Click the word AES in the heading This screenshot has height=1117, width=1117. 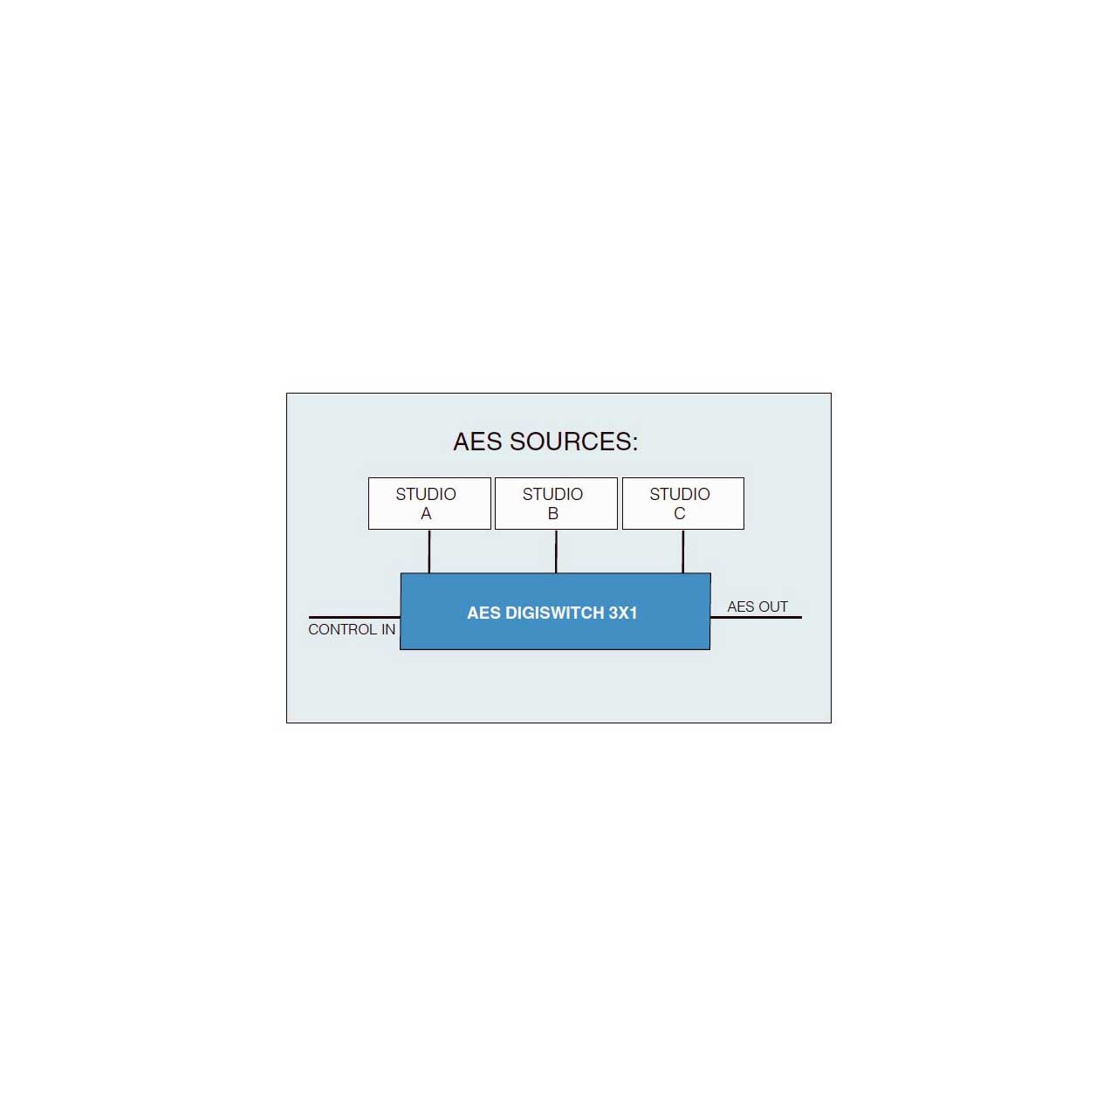click(x=477, y=442)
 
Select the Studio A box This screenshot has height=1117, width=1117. click(x=429, y=504)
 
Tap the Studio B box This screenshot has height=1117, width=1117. click(x=556, y=504)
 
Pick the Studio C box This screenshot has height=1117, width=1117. click(x=682, y=504)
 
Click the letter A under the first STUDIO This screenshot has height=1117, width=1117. click(x=426, y=514)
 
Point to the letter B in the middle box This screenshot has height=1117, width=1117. click(x=553, y=514)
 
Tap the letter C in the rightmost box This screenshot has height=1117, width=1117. click(x=679, y=514)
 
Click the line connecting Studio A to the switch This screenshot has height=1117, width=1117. click(x=429, y=552)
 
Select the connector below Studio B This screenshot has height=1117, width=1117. click(x=556, y=552)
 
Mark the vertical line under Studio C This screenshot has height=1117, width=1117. click(x=682, y=552)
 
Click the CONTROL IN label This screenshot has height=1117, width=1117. click(x=352, y=629)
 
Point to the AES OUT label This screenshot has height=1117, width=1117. click(x=757, y=606)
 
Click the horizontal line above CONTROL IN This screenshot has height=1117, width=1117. click(x=354, y=617)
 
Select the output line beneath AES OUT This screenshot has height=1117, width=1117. click(x=756, y=617)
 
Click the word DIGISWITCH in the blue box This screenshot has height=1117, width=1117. click(x=555, y=613)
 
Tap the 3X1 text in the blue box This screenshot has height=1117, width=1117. click(x=622, y=613)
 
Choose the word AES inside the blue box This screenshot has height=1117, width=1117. click(x=484, y=613)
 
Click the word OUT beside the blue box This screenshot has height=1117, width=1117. click(x=772, y=606)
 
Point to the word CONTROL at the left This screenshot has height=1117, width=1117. click(x=342, y=629)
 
